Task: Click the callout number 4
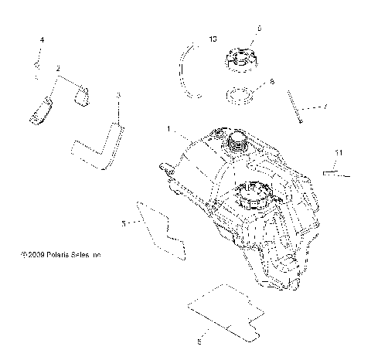coord(42,39)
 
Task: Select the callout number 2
coord(57,69)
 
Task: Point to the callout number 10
coord(213,38)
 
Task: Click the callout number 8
coord(271,80)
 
